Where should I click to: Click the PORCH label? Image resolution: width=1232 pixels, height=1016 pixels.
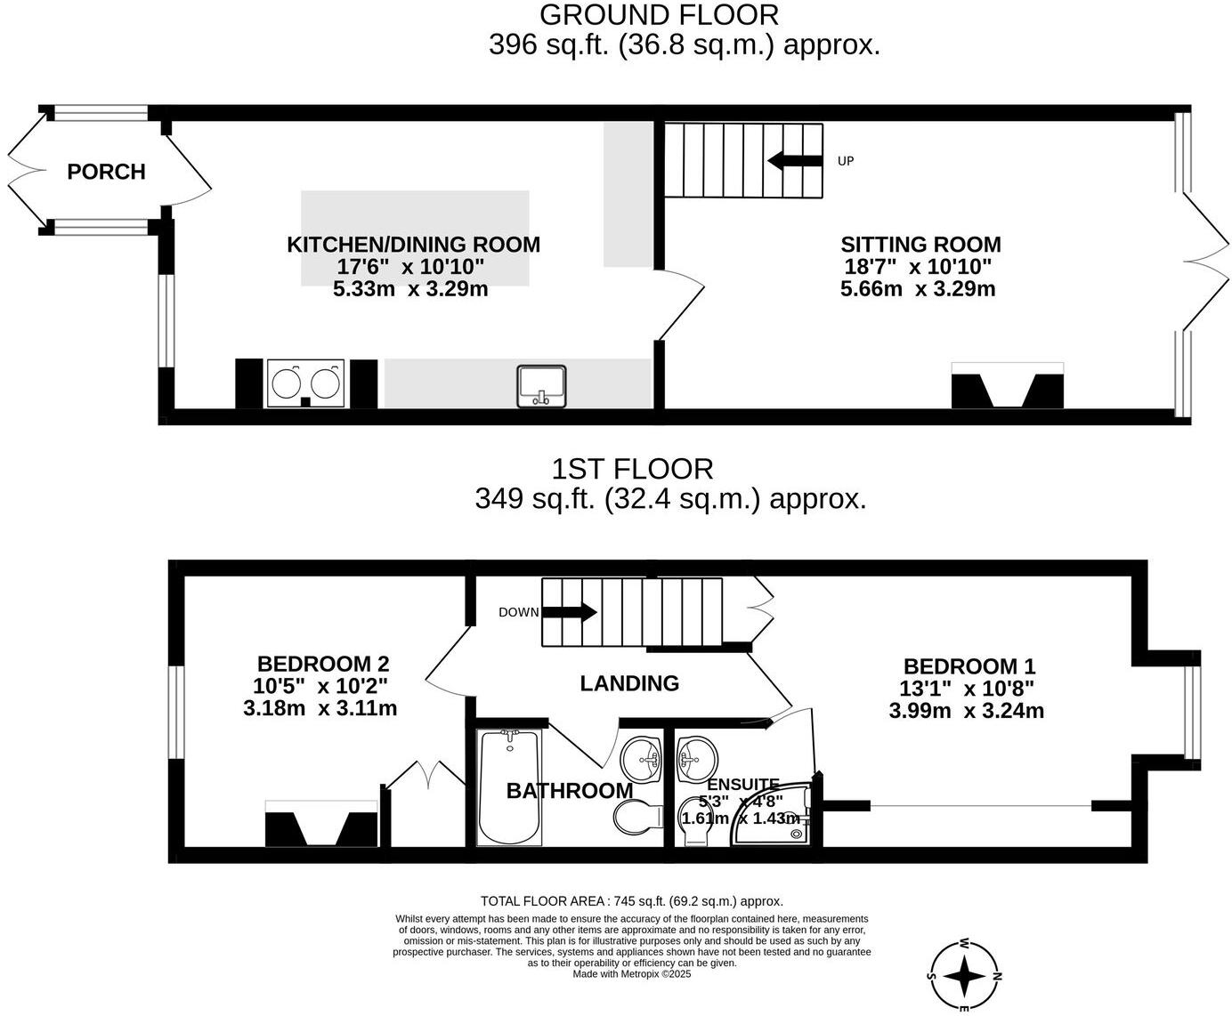pyautogui.click(x=106, y=172)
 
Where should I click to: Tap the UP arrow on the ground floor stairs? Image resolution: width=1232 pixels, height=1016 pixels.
pyautogui.click(x=795, y=161)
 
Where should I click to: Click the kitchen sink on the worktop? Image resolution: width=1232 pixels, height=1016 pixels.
pyautogui.click(x=542, y=386)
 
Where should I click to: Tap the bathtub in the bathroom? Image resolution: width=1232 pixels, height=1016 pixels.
pyautogui.click(x=509, y=787)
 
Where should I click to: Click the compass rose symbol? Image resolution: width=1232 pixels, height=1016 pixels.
pyautogui.click(x=965, y=976)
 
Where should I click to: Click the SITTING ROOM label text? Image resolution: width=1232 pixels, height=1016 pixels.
pyautogui.click(x=920, y=245)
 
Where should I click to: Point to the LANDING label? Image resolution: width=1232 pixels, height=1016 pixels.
pyautogui.click(x=629, y=683)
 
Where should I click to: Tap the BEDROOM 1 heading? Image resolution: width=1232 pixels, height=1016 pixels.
pyautogui.click(x=969, y=666)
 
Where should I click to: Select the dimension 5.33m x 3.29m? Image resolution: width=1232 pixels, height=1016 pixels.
pyautogui.click(x=410, y=289)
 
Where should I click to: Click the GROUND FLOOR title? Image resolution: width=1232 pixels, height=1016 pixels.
pyautogui.click(x=659, y=15)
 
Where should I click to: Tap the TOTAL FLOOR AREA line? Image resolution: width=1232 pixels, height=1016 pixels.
pyautogui.click(x=631, y=901)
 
